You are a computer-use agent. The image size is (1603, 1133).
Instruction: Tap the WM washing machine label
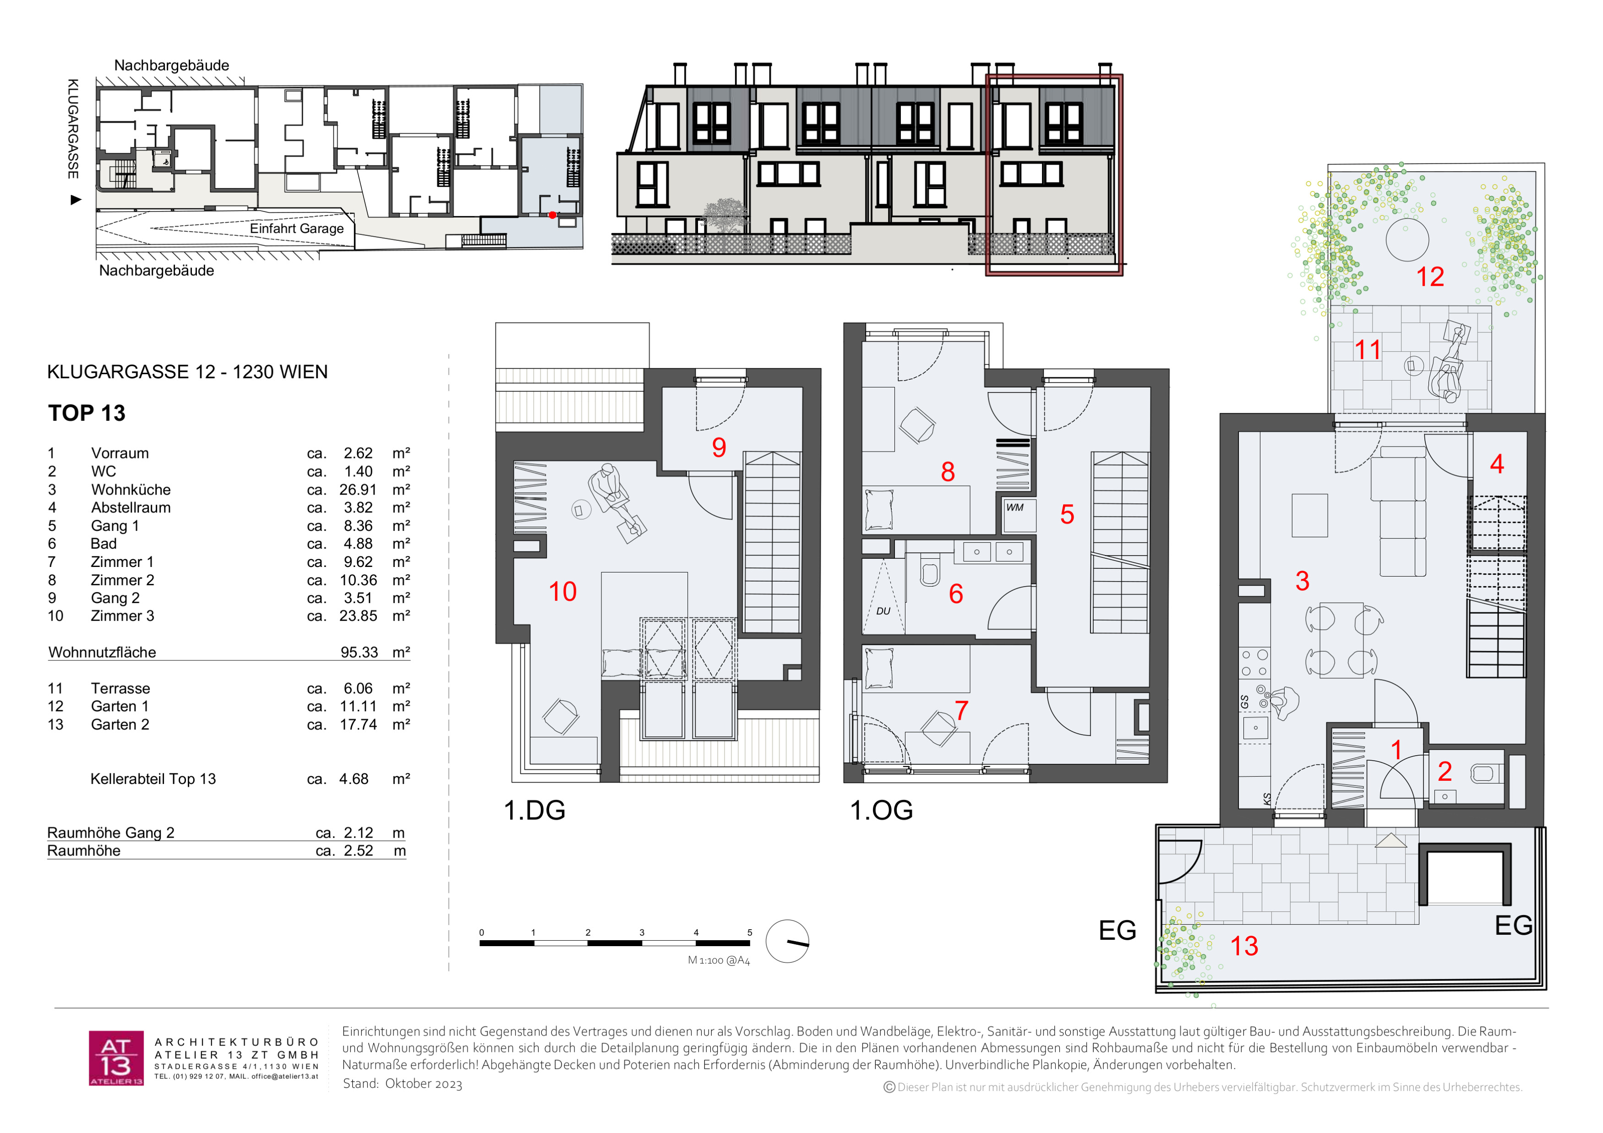(1014, 507)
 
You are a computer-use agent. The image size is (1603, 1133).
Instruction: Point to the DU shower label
(883, 611)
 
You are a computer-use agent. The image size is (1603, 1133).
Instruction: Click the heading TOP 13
(87, 413)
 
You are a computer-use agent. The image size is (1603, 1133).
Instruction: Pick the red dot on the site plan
(552, 215)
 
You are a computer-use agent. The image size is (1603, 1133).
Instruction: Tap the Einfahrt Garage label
(297, 228)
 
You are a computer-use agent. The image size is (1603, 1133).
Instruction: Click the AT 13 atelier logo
(116, 1058)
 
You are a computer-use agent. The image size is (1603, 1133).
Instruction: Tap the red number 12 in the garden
(1430, 277)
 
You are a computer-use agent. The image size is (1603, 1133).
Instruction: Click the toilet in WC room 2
(1483, 773)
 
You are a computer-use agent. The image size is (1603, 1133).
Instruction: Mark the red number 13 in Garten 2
(1243, 946)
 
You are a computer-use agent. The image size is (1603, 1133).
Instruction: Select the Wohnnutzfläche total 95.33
(359, 652)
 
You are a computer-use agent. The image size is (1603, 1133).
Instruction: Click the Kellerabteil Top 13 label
(153, 779)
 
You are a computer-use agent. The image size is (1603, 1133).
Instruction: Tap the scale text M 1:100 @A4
(719, 960)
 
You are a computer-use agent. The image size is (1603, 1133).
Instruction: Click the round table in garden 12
(1407, 240)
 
